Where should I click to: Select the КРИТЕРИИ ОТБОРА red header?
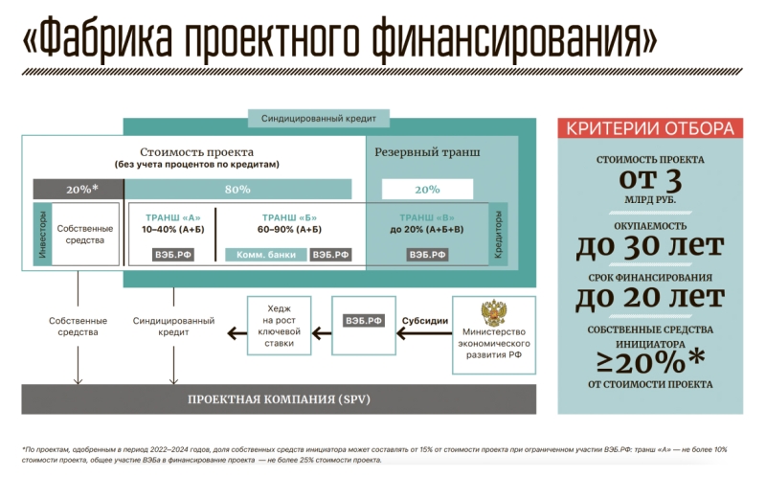(x=647, y=128)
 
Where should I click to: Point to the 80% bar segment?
(x=237, y=189)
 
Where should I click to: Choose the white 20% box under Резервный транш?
(x=427, y=189)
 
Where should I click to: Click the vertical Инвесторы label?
(x=42, y=235)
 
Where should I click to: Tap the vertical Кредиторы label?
(x=499, y=235)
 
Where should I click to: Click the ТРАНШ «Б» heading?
(x=281, y=216)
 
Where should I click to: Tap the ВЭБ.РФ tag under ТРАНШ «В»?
(x=427, y=255)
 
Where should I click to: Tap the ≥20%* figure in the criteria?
(x=647, y=362)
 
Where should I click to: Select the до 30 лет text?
(x=647, y=246)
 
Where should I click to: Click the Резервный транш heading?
(x=427, y=152)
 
